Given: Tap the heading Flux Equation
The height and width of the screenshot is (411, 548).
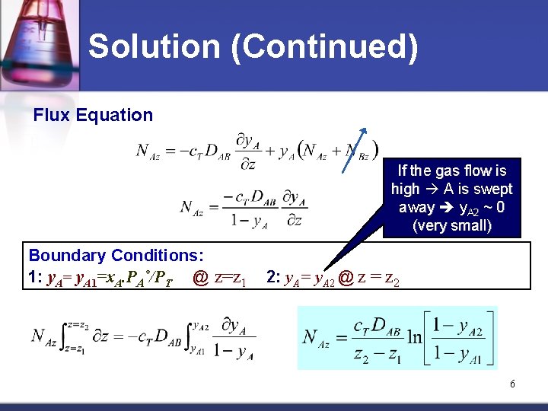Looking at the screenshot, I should pyautogui.click(x=93, y=115).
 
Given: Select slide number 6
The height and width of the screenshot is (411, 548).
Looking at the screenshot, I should pyautogui.click(x=512, y=384).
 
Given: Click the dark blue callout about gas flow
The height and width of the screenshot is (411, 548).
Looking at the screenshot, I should pyautogui.click(x=451, y=198).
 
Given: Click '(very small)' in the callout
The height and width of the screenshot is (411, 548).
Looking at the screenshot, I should pyautogui.click(x=452, y=226).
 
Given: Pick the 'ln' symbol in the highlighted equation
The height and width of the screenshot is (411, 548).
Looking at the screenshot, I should pyautogui.click(x=415, y=336).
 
